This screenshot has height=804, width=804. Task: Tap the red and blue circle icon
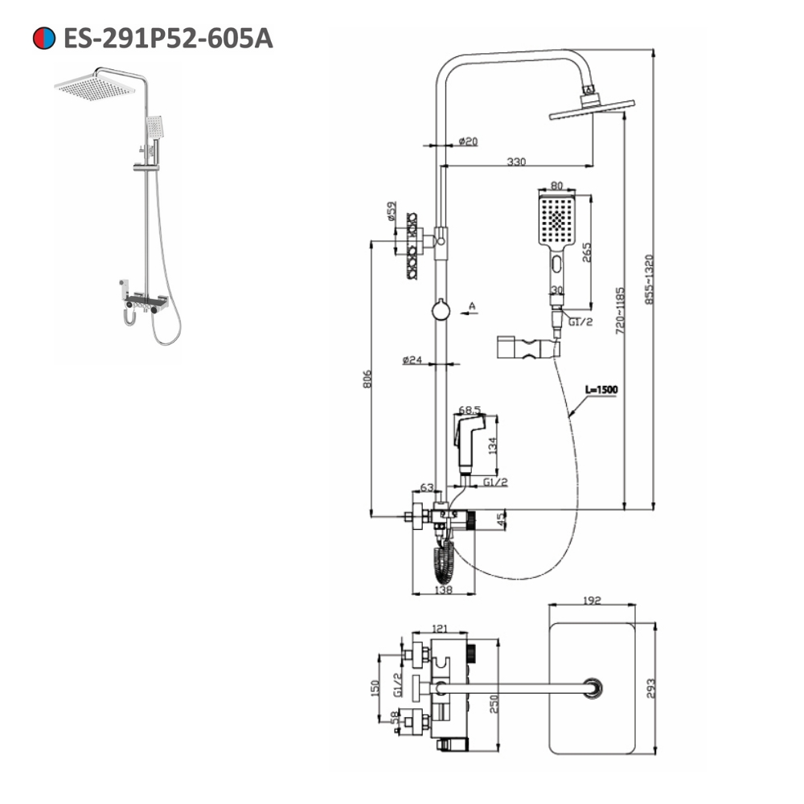pos(43,38)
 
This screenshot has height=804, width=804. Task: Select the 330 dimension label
pos(516,162)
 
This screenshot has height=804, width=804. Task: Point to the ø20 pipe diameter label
pos(468,141)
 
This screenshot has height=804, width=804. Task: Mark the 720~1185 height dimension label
pos(619,310)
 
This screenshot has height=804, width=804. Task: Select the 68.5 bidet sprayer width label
pos(470,410)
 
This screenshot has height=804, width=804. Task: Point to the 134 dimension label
pos(493,445)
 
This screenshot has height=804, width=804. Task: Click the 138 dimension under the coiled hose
pos(443,589)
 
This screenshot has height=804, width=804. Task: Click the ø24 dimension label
pos(412,360)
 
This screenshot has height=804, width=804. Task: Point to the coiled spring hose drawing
pos(443,560)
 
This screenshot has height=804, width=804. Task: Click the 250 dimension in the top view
pos(493,702)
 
